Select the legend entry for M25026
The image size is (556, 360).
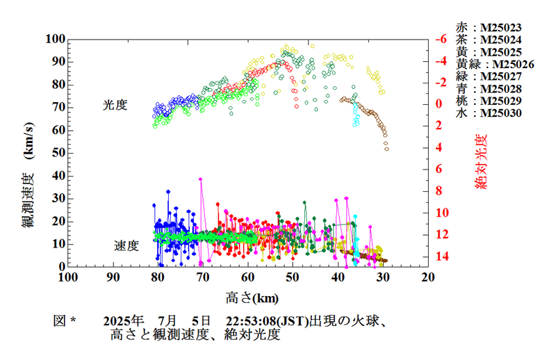pos(494,64)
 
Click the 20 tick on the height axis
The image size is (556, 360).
pos(428,277)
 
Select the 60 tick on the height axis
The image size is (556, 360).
pos(247,277)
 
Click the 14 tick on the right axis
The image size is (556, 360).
pos(439,257)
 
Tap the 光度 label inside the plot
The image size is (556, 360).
pos(115,105)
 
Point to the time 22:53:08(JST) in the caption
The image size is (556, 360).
pos(267,321)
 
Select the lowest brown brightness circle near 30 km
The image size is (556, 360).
pos(386,149)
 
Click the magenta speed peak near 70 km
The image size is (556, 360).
pos(201,179)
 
